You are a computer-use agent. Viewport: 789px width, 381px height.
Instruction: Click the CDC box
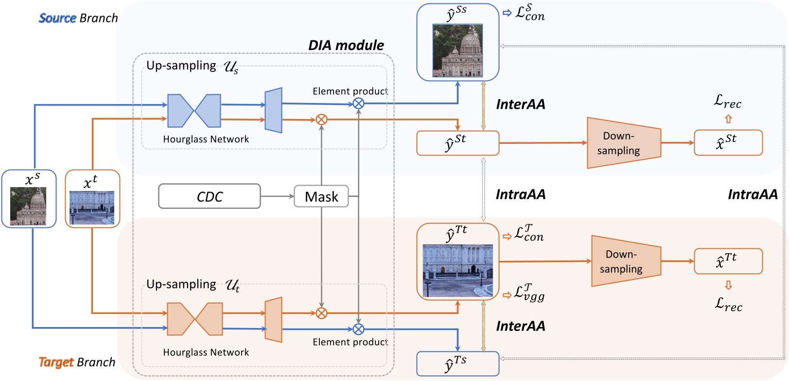click(210, 196)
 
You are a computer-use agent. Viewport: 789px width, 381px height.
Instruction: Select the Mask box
click(321, 196)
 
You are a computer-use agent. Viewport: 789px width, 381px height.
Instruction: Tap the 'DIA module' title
click(346, 45)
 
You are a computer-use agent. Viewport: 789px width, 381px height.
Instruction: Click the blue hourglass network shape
click(194, 111)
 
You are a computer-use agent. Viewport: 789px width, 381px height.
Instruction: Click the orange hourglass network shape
click(194, 319)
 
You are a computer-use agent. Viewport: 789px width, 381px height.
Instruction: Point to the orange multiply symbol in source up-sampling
click(321, 120)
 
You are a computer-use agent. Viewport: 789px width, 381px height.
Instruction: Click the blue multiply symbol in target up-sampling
click(358, 329)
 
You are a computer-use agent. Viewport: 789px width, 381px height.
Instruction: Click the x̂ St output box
click(728, 142)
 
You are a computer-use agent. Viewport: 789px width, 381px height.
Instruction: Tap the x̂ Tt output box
click(728, 261)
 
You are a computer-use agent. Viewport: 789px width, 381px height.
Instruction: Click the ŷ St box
click(457, 143)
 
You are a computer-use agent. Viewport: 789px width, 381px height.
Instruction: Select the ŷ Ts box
click(457, 364)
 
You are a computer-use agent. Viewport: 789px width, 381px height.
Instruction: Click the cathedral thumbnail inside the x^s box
click(28, 207)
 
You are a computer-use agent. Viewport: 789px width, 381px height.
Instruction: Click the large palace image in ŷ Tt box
click(457, 271)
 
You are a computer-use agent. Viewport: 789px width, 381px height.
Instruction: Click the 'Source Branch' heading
click(78, 18)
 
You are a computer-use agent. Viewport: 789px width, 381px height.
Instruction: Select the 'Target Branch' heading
click(77, 363)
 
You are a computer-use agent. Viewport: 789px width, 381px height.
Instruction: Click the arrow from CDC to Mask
click(277, 196)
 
